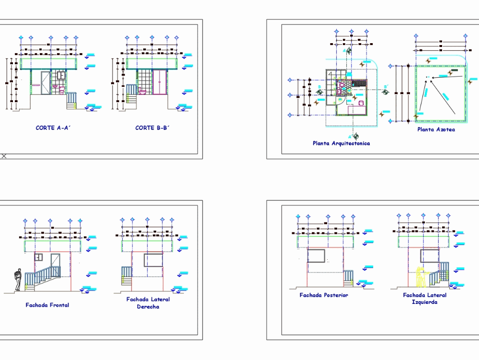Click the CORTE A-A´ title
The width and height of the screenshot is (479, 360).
pyautogui.click(x=53, y=128)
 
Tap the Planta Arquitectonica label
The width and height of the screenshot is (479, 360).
pyautogui.click(x=341, y=143)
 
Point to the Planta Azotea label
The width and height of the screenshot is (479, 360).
pyautogui.click(x=436, y=129)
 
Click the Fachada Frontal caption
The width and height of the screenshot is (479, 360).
pyautogui.click(x=47, y=305)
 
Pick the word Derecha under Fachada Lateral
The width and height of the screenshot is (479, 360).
pyautogui.click(x=148, y=307)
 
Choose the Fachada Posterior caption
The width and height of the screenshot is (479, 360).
pyautogui.click(x=324, y=295)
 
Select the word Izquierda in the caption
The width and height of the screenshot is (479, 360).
pyautogui.click(x=424, y=302)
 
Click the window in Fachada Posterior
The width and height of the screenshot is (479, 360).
pyautogui.click(x=316, y=256)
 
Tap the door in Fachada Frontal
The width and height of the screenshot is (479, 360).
pyautogui.click(x=55, y=261)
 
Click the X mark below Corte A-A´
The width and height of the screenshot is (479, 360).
pyautogui.click(x=3, y=156)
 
